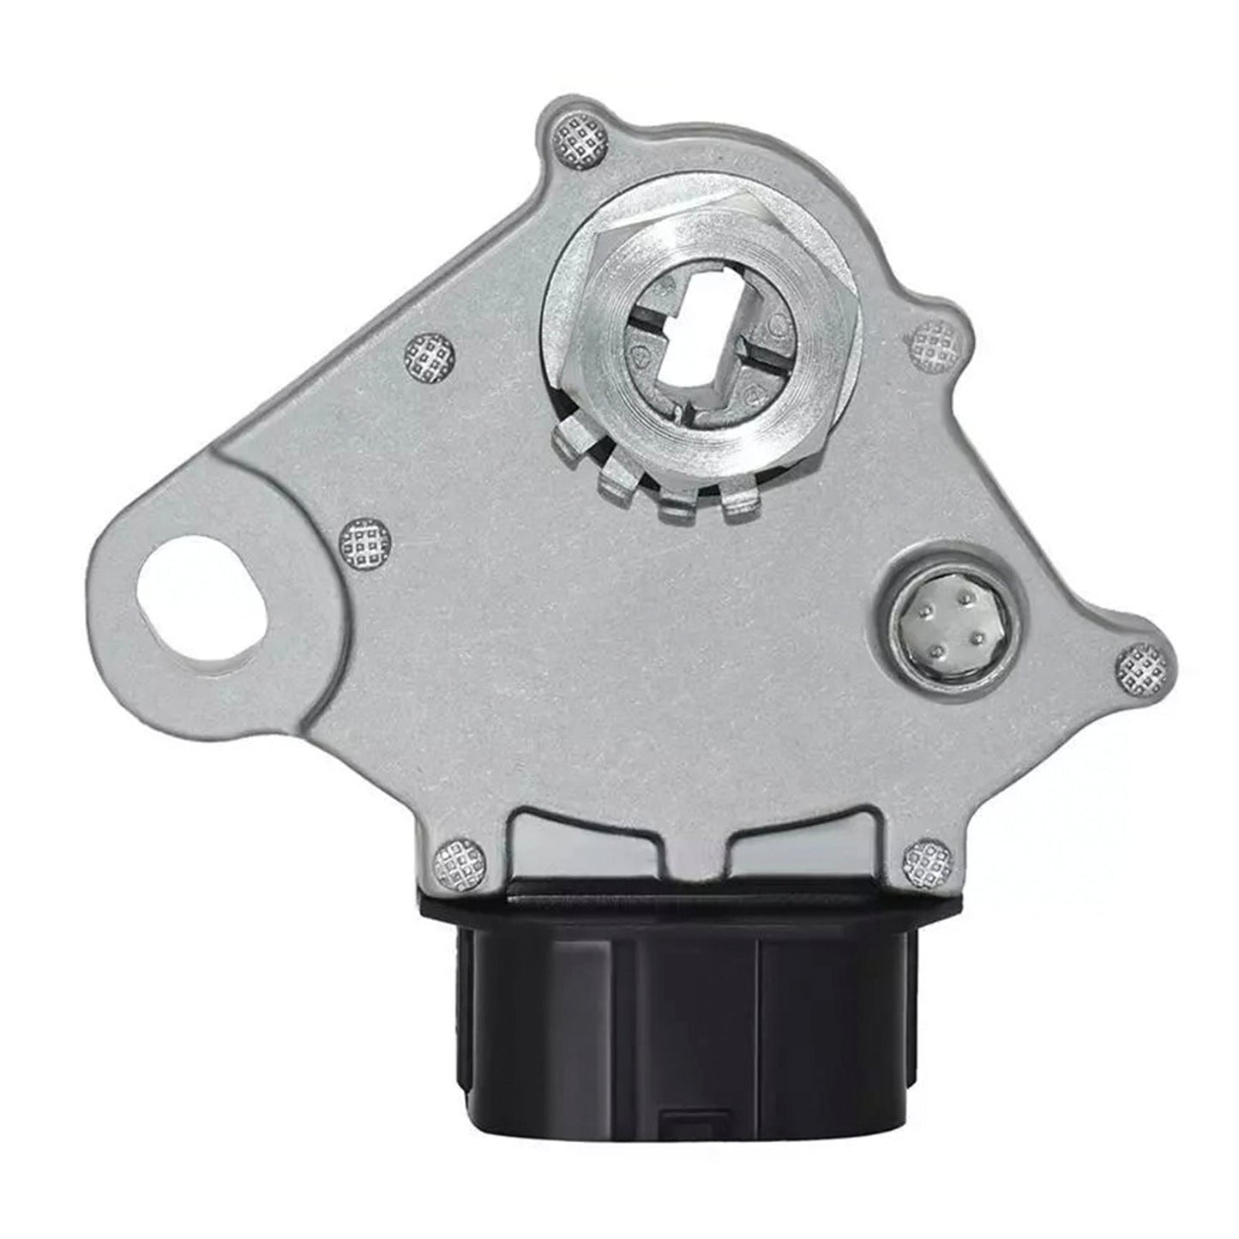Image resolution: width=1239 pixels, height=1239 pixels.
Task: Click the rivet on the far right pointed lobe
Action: pos(1144,666)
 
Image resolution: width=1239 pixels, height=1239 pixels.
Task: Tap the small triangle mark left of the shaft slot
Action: pos(641,358)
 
